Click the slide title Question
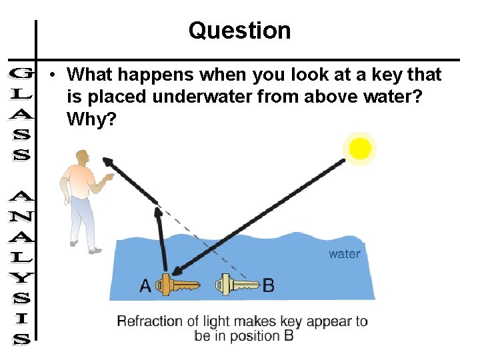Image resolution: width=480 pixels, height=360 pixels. [239, 31]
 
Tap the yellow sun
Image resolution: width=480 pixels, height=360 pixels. [360, 149]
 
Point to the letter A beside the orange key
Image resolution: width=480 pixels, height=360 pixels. [145, 285]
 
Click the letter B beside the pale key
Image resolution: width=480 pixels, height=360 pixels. [268, 285]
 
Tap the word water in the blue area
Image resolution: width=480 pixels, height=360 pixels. [344, 253]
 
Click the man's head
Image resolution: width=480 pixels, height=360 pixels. [82, 159]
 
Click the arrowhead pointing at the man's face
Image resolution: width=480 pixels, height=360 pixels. [107, 161]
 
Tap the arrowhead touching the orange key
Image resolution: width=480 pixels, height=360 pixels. [175, 271]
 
